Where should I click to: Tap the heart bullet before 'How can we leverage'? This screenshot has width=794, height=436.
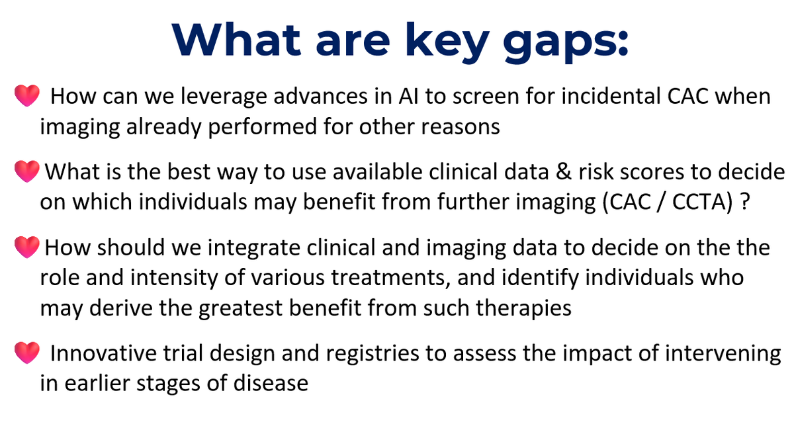pyautogui.click(x=27, y=98)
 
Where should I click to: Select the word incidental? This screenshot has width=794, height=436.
pyautogui.click(x=612, y=97)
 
